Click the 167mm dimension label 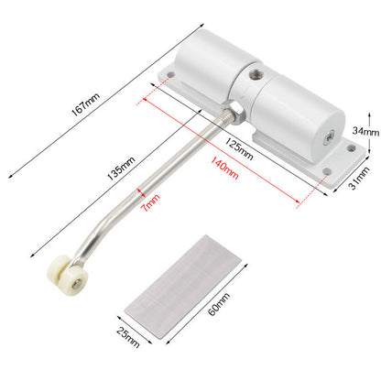[x=86, y=104]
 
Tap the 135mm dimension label [x=121, y=169]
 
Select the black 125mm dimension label [x=239, y=148]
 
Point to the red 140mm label [x=224, y=168]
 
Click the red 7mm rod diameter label [x=150, y=202]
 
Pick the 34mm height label [x=365, y=131]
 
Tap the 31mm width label [x=359, y=178]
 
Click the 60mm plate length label [x=219, y=304]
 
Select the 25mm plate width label [x=128, y=337]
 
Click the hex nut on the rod [x=235, y=112]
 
